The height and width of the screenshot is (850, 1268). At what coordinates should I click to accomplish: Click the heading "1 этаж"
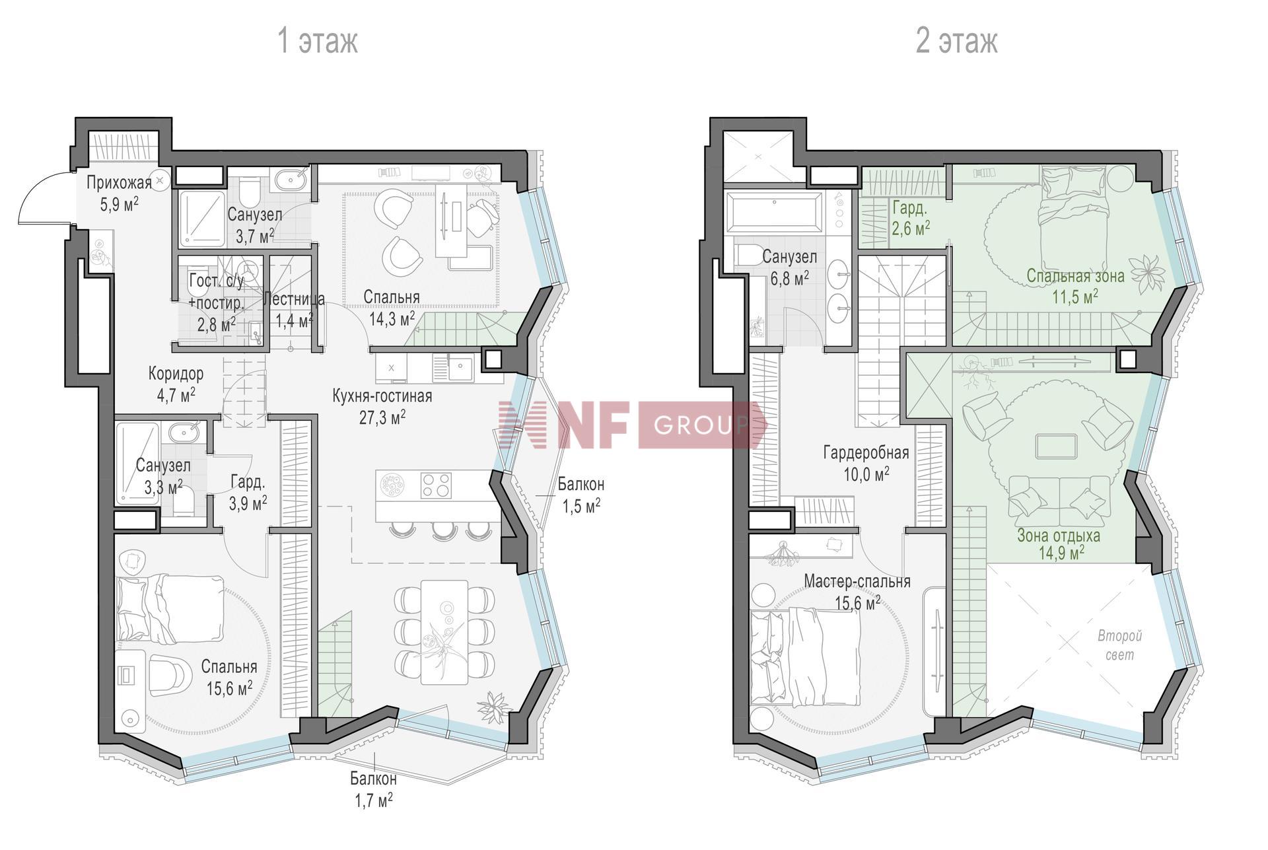318,40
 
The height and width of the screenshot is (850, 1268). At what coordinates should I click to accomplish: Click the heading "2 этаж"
956,40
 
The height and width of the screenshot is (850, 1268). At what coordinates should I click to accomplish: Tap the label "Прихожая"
119,182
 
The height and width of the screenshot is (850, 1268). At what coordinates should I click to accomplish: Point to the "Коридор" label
176,374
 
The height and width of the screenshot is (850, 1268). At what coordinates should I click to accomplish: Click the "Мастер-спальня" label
857,581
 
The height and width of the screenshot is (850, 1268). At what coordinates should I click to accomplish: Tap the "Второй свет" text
1119,645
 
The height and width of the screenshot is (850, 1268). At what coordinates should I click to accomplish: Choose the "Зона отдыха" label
1058,536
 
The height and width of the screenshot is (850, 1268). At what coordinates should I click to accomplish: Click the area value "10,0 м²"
866,474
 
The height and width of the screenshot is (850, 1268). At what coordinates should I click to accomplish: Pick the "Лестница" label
293,299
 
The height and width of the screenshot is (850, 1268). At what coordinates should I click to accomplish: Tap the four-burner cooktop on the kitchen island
436,485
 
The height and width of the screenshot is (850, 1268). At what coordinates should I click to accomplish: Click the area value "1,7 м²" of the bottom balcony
374,800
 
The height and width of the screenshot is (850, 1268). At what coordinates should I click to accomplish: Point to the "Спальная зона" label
1075,275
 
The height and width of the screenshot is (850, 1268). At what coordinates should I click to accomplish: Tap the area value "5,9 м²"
119,203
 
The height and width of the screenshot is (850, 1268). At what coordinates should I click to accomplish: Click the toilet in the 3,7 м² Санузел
250,192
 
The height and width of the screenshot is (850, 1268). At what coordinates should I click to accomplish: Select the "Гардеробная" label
866,453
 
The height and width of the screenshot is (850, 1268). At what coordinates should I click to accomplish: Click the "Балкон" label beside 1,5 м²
581,485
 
